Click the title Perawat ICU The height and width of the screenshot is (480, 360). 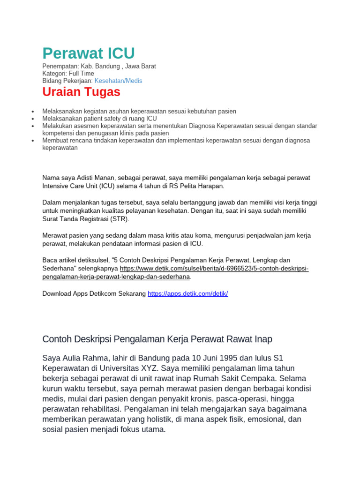coord(89,53)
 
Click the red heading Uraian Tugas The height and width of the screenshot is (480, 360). coord(81,92)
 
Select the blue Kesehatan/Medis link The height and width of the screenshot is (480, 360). coord(118,81)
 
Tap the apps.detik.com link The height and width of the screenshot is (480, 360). coord(187,293)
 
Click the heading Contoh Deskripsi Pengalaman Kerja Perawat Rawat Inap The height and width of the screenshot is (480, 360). coord(157,339)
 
